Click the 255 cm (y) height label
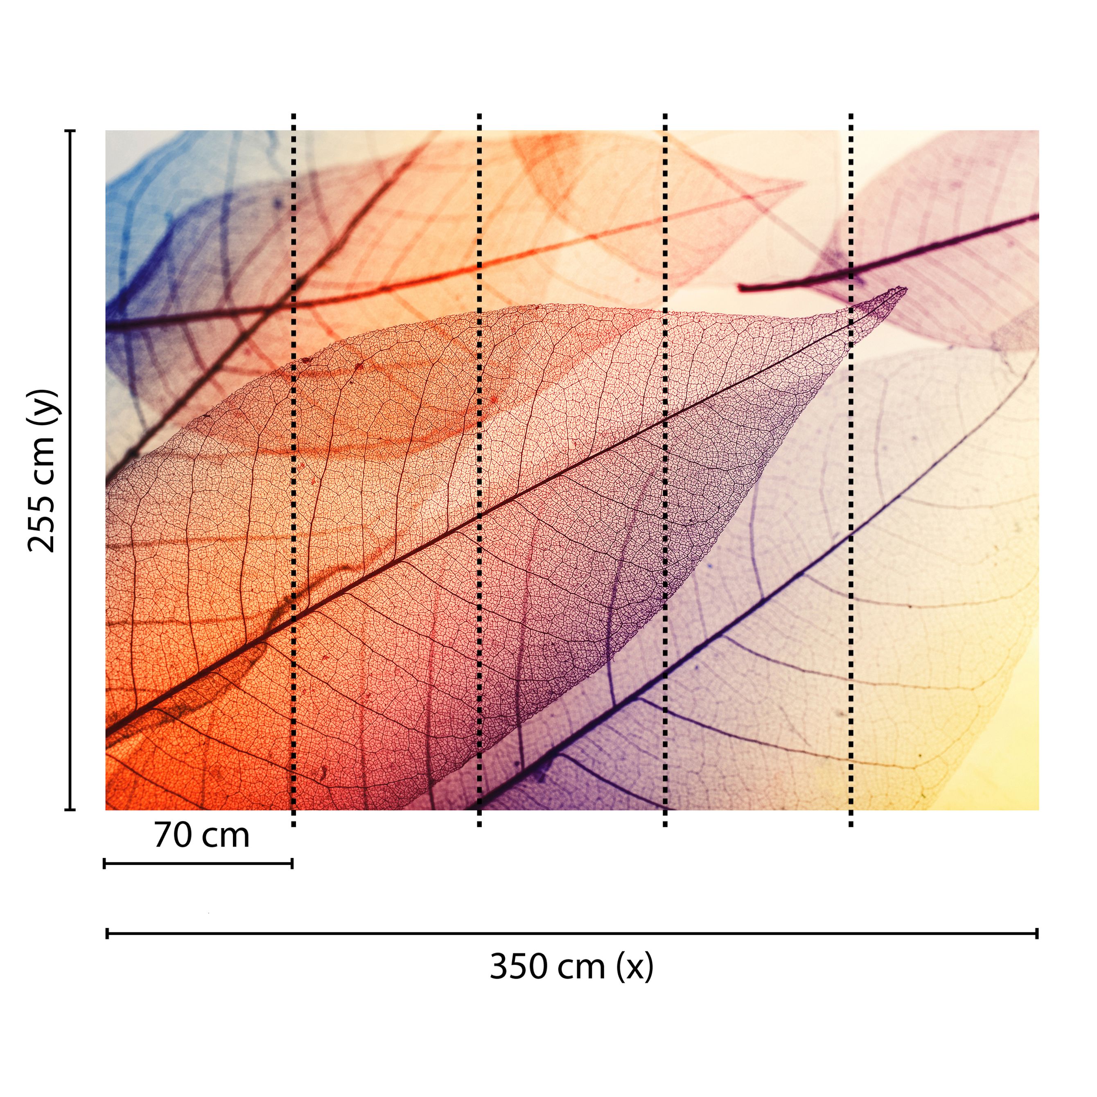point(43,471)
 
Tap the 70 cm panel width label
point(201,836)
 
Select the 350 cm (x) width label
point(571,967)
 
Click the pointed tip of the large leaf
point(906,289)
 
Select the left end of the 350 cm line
point(107,933)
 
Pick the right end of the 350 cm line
point(1037,933)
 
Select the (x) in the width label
point(635,967)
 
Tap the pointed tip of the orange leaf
point(804,183)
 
